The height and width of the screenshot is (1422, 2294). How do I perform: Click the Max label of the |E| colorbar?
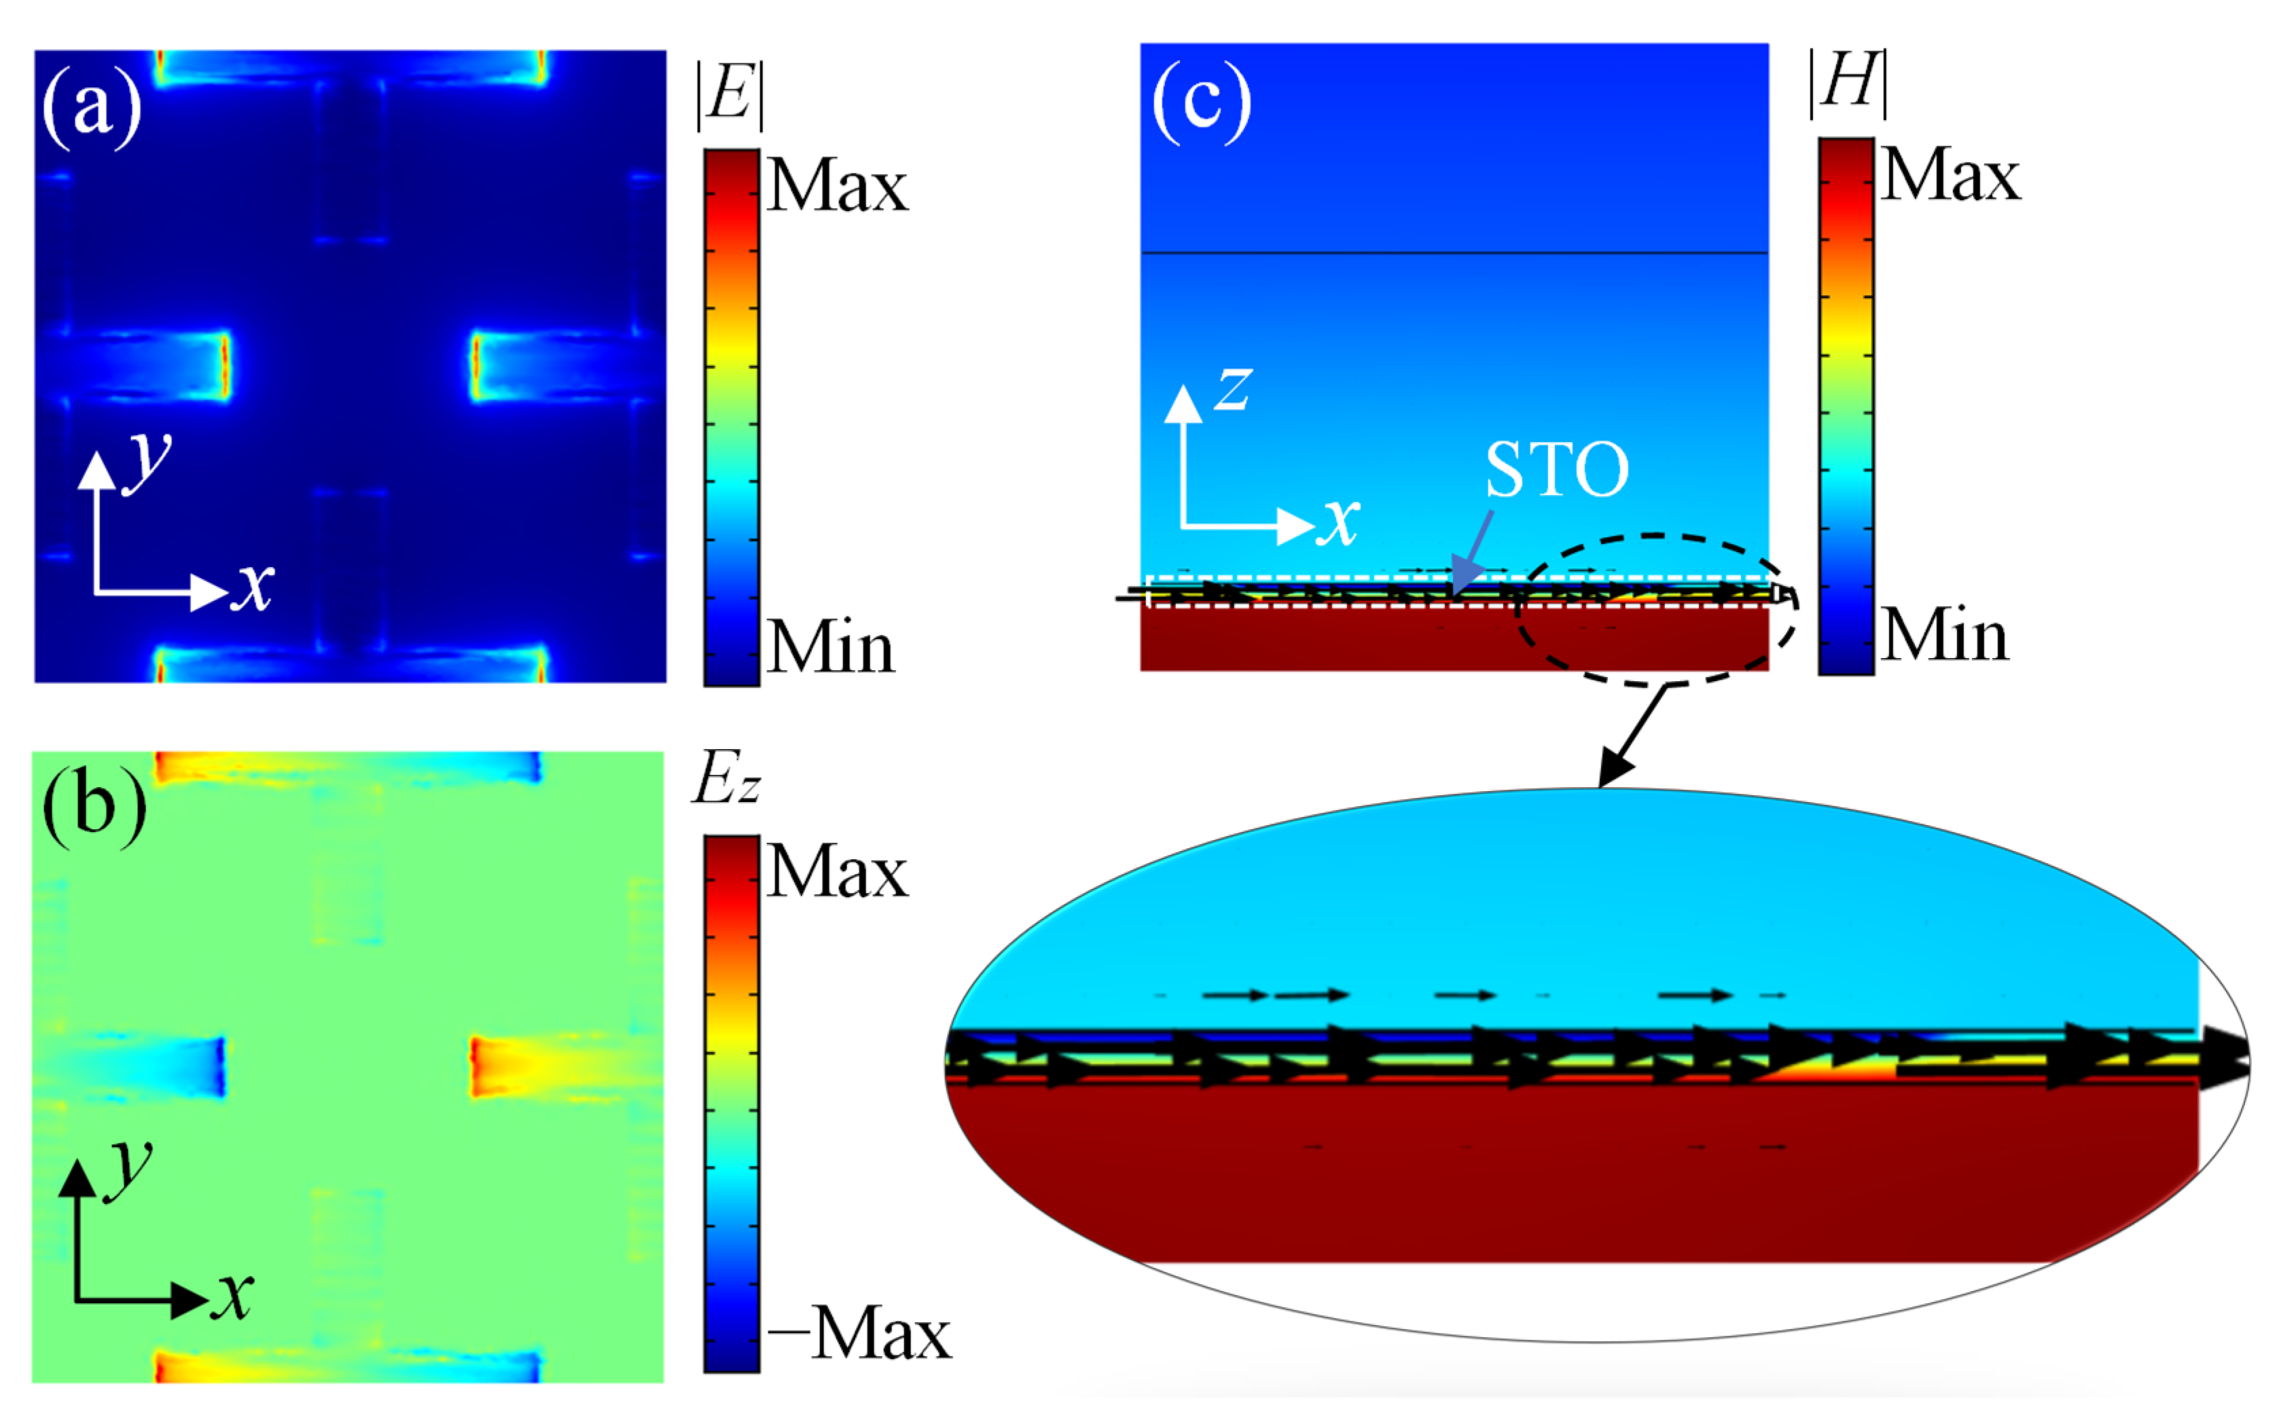click(x=836, y=185)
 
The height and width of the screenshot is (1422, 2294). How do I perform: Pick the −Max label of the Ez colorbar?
click(x=858, y=1334)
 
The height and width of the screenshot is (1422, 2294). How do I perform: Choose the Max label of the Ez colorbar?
click(x=836, y=871)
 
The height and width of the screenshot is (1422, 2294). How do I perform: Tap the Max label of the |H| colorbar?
click(x=1950, y=175)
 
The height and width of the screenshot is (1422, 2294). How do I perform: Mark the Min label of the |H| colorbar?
click(x=1944, y=636)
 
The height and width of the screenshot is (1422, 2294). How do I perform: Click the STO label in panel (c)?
click(x=1556, y=469)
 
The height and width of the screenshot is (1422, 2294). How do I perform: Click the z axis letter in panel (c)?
click(x=1232, y=388)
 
